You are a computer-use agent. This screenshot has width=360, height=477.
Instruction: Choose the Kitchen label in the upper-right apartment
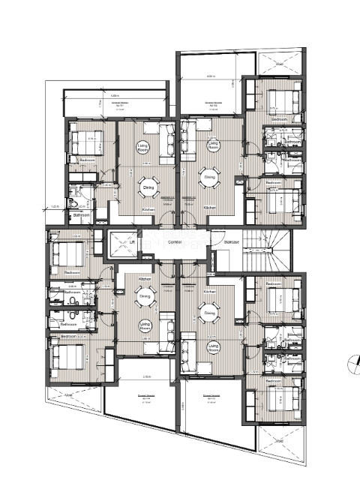[x=210, y=207]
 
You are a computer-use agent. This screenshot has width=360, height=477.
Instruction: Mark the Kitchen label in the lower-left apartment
[x=144, y=278]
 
